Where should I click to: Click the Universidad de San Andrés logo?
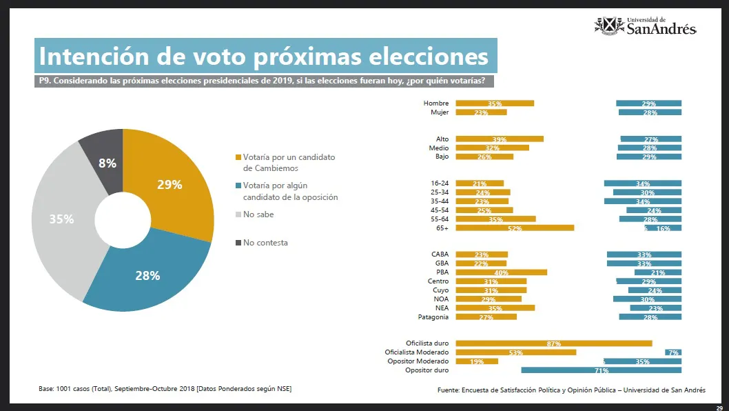pos(645,26)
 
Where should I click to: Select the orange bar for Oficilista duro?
pos(554,343)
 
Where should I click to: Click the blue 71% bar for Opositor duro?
pos(601,370)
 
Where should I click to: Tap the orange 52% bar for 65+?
pos(515,228)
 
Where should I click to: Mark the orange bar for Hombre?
pos(495,103)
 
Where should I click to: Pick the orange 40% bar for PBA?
pos(501,272)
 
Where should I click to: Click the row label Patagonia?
pos(433,317)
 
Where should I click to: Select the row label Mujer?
pos(440,112)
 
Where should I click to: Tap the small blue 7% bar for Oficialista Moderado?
pos(673,352)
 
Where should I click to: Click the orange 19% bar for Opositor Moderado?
pos(477,361)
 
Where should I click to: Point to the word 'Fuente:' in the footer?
pos(449,390)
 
